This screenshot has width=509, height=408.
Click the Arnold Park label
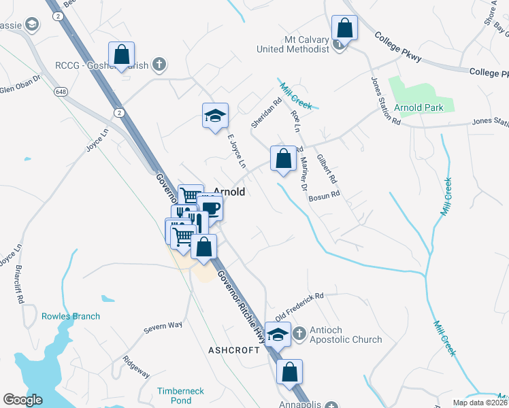pyautogui.click(x=421, y=107)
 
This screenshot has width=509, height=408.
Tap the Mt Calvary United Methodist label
pyautogui.click(x=293, y=44)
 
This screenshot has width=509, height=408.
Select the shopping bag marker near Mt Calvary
pyautogui.click(x=345, y=29)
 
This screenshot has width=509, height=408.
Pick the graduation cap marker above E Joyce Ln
pyautogui.click(x=215, y=116)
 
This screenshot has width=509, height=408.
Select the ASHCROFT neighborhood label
pyautogui.click(x=234, y=350)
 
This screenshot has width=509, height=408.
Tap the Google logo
pyautogui.click(x=23, y=400)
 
